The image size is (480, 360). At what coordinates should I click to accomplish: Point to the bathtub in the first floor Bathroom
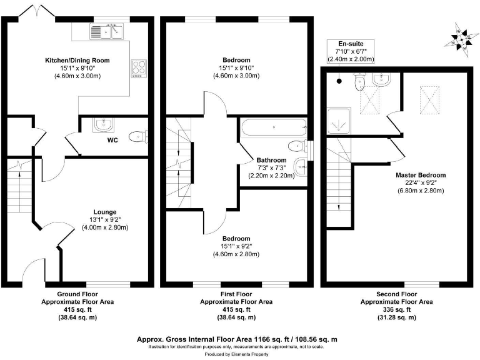tap(273, 129)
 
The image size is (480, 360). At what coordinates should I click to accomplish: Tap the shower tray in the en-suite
tap(341, 122)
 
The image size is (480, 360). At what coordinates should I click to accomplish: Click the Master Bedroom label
tap(421, 175)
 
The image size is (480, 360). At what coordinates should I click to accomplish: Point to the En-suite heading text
tap(350, 43)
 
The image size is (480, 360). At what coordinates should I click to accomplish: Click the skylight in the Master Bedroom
tap(431, 98)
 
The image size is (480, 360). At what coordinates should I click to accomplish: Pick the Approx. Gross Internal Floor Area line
tap(237, 339)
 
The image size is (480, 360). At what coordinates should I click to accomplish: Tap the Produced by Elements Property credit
tap(237, 354)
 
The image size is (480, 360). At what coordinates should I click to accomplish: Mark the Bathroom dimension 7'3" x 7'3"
tap(270, 168)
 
